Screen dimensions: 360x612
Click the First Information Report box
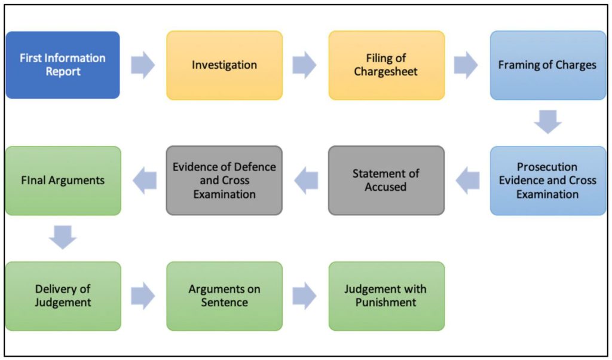tap(63, 65)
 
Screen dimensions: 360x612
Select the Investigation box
tap(224, 65)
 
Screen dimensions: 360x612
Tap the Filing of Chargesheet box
tap(387, 65)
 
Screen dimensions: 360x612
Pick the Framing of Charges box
tap(547, 65)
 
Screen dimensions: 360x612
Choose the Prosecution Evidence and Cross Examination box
tap(547, 181)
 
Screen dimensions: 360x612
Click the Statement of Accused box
tap(386, 181)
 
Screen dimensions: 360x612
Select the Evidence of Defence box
tap(224, 181)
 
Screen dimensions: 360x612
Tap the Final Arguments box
tap(63, 181)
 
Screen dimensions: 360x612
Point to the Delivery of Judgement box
tap(63, 296)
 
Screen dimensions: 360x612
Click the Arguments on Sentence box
tap(224, 296)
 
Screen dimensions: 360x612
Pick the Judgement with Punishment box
tap(386, 296)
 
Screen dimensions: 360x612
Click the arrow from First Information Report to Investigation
tap(143, 65)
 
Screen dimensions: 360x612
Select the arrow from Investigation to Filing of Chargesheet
tap(305, 65)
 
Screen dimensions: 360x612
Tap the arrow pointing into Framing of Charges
tap(466, 65)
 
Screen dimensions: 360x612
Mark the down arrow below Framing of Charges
tap(547, 121)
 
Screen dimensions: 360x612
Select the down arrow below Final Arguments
tap(63, 237)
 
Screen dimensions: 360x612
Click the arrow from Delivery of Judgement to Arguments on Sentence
tap(143, 296)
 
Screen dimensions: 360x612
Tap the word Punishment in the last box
tap(386, 303)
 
